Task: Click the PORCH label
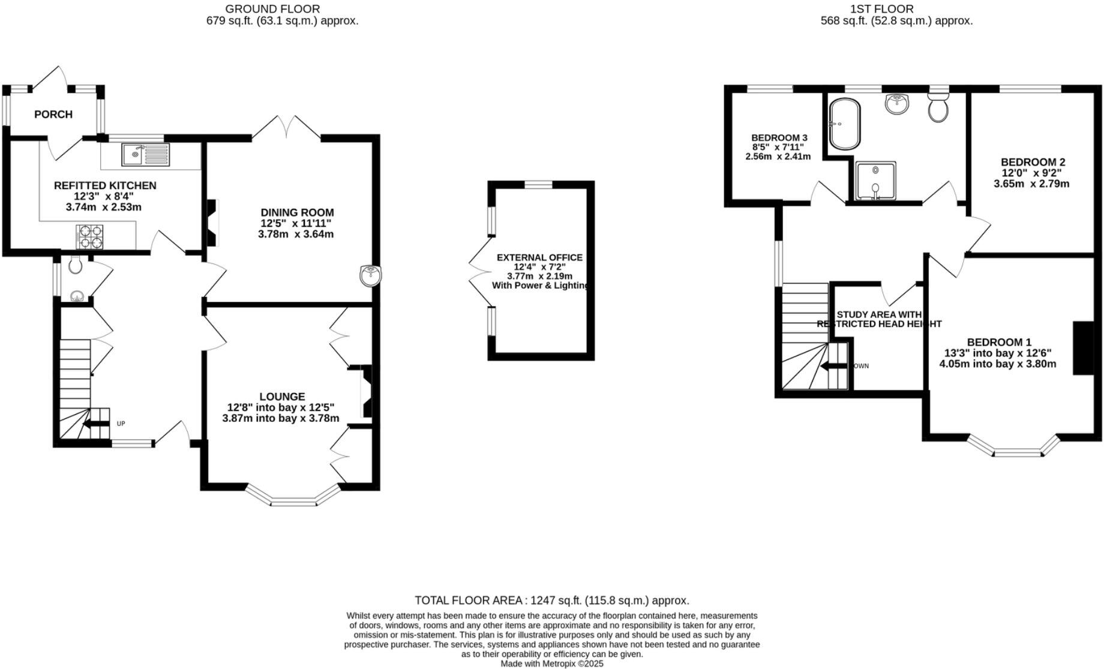tap(53, 114)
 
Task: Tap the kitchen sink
tap(146, 155)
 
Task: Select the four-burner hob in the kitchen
tap(89, 236)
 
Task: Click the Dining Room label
tap(297, 212)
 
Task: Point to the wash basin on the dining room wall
tap(371, 276)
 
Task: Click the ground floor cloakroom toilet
tap(75, 265)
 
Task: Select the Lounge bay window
tap(293, 497)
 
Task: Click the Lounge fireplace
tap(365, 392)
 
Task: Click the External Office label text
tap(539, 257)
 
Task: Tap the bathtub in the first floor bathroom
tap(845, 124)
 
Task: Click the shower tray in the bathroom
tap(875, 180)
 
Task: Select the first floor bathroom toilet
tap(938, 107)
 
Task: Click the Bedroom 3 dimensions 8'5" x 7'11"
tap(778, 147)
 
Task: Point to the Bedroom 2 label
tap(1033, 162)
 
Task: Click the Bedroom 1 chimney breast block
tap(1084, 349)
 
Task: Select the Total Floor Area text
tap(551, 600)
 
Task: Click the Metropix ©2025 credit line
tap(551, 664)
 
